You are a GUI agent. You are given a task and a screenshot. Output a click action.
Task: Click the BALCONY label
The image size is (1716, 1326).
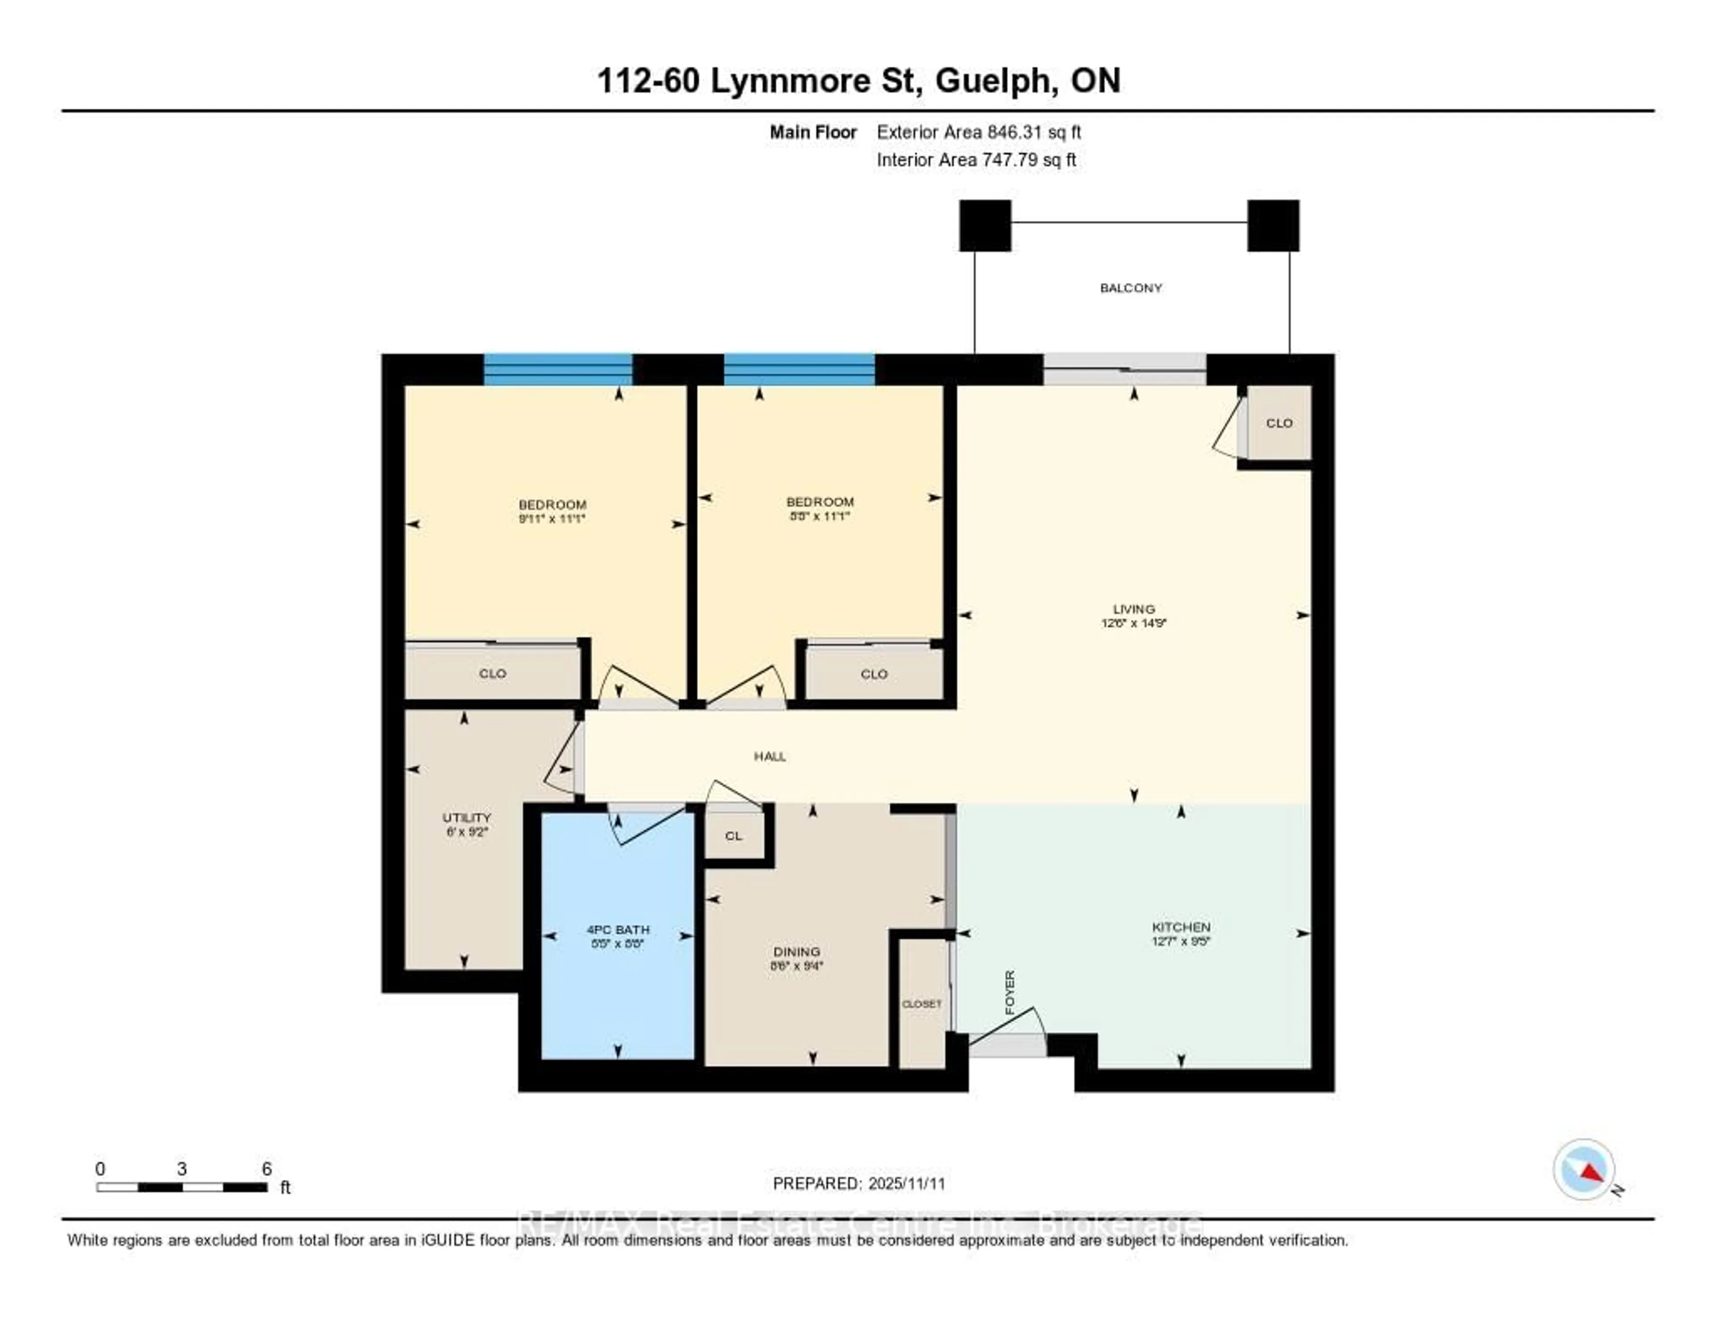(x=1131, y=287)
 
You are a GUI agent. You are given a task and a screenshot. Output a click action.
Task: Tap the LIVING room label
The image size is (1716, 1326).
(x=1133, y=608)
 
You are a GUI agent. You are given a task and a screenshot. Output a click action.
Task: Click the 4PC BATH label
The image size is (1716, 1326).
(x=618, y=930)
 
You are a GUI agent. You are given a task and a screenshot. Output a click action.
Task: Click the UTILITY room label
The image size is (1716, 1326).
(x=466, y=817)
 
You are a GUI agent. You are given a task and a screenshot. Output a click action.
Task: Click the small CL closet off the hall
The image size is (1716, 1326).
(x=733, y=836)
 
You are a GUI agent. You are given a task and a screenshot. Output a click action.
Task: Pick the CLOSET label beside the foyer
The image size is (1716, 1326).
(x=921, y=1004)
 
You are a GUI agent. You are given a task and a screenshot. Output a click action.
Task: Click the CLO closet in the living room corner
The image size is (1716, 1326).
(x=1279, y=423)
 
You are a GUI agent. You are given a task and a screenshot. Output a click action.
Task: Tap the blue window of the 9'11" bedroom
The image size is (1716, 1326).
(x=557, y=369)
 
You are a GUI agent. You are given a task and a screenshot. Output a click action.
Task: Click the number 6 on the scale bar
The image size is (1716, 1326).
(x=266, y=1169)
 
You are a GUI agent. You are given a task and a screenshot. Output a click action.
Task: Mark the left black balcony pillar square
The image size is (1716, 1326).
(x=984, y=226)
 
